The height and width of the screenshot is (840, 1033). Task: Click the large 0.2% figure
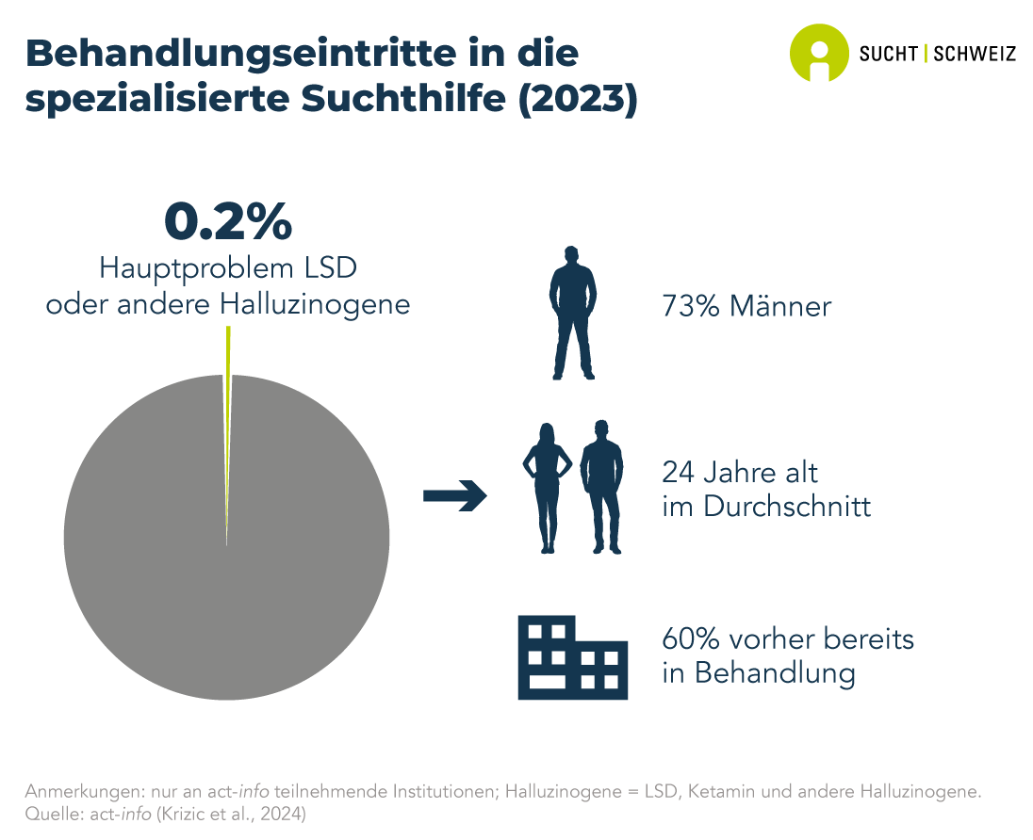227,222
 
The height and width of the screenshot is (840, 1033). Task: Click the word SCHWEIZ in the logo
974,54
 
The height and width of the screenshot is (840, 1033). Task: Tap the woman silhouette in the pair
546,487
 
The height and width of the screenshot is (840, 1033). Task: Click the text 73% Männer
746,306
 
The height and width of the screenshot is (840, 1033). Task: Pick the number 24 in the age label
680,472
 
